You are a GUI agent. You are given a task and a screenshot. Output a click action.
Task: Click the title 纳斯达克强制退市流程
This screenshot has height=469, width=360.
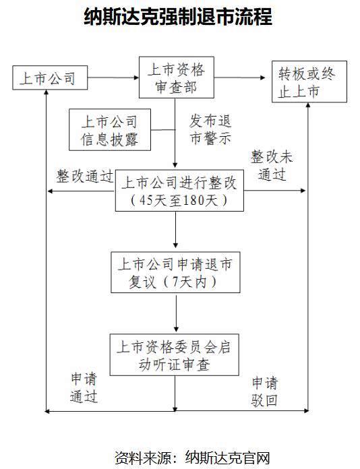point(179,16)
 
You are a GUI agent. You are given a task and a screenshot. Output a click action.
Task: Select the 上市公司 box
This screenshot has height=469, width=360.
point(50,77)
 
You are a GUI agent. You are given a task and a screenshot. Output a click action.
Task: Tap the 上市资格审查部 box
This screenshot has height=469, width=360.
point(177,77)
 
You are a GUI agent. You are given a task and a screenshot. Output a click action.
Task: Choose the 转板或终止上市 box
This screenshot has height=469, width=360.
point(309,82)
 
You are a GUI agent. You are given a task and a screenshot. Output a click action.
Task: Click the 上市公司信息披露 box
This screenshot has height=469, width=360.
point(110,129)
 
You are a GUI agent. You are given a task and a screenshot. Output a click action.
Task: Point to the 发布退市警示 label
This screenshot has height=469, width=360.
point(210,129)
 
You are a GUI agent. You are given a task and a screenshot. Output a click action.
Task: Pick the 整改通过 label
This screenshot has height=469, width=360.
point(85,176)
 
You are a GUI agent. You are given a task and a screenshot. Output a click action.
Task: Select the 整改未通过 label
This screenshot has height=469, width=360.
point(272,165)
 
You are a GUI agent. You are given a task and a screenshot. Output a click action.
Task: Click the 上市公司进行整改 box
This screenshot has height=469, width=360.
point(179,191)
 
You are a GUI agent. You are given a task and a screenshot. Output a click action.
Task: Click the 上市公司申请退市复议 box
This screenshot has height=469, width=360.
point(175,272)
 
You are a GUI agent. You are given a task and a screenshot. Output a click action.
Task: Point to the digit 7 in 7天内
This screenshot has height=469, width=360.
point(175,282)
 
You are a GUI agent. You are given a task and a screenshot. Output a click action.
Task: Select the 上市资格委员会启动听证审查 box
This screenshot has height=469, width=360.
point(174,354)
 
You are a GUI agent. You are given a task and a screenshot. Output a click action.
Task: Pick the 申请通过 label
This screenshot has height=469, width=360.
point(84,387)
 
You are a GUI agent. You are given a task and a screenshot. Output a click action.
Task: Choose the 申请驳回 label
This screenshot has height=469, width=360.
point(265,392)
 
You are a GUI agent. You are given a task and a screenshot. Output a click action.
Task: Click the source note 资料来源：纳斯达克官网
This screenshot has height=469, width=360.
point(192,458)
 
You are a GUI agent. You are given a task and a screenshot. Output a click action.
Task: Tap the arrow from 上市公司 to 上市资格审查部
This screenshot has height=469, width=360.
point(113,77)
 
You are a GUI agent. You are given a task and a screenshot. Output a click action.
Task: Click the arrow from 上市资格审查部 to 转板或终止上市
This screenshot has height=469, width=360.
point(240,77)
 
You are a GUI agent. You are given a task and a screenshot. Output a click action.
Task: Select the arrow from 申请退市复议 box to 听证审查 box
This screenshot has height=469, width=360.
point(176,313)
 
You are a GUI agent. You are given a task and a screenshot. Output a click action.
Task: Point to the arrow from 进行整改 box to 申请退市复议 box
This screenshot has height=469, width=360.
point(176,230)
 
